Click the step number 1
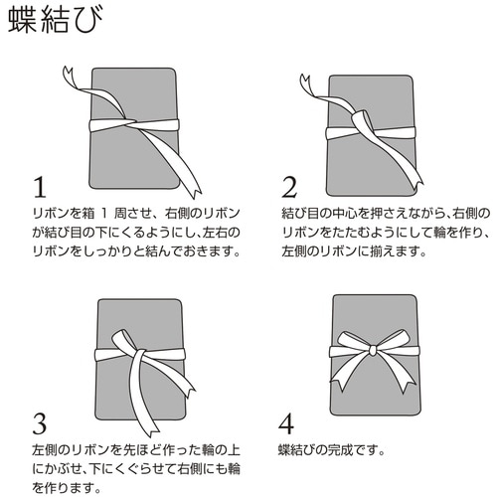click(40, 188)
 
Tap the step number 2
click(290, 188)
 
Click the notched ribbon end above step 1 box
click(67, 76)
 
